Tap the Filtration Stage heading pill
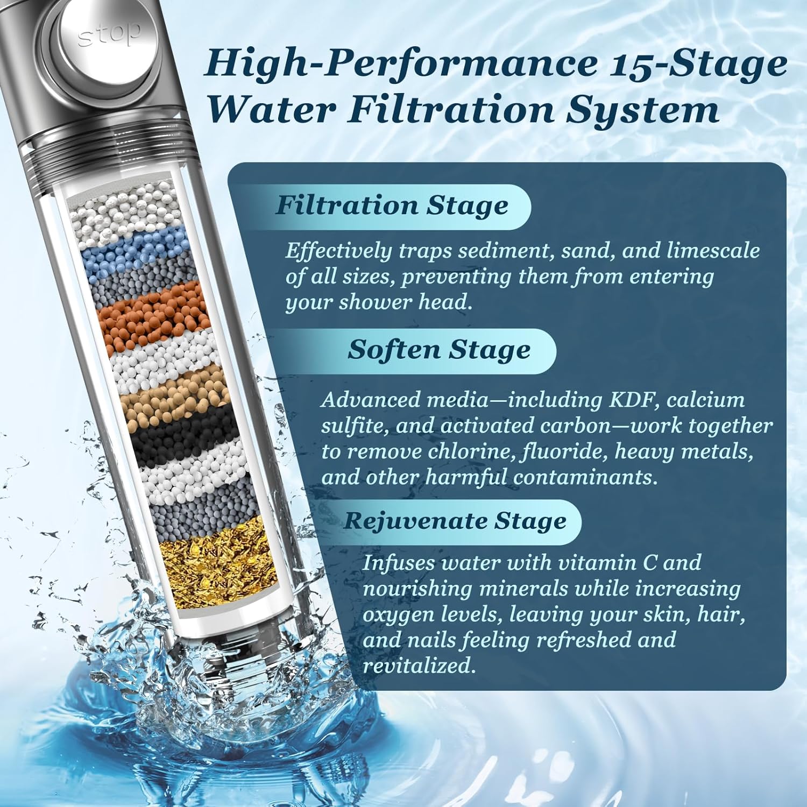392,206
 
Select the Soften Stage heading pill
438,350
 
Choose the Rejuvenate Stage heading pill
455,521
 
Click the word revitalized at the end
419,666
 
